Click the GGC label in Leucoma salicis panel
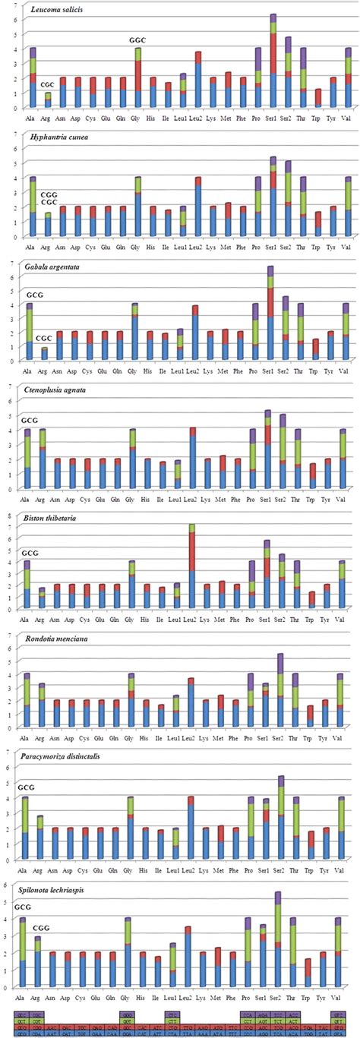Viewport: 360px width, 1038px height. point(137,40)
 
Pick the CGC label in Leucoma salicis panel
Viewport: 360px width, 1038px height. point(47,84)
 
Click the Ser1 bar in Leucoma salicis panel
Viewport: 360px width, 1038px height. point(273,61)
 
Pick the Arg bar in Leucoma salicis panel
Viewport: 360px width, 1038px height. point(47,100)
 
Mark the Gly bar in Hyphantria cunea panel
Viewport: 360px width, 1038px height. point(138,207)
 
